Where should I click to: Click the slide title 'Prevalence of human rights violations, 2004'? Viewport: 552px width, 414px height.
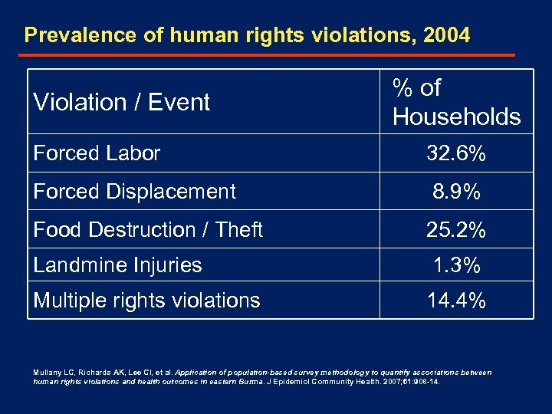coord(247,35)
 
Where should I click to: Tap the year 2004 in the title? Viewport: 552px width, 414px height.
coord(445,35)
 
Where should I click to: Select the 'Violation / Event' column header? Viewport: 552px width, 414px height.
coord(121,102)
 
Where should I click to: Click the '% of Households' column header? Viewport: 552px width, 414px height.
coord(456,102)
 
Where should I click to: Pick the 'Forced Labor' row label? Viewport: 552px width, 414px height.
coord(97,153)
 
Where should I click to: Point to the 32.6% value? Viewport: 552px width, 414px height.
coord(456,154)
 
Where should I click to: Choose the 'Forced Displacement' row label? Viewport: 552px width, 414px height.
coord(134,191)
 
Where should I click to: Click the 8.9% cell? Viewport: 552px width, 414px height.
coord(456,192)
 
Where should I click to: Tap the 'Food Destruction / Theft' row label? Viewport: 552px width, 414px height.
coord(148,229)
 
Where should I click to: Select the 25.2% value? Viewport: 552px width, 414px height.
coord(456,230)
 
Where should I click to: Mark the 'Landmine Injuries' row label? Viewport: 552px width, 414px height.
coord(117,265)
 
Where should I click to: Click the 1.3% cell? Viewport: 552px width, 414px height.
coord(456,266)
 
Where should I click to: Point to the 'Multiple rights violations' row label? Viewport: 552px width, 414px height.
coord(146,301)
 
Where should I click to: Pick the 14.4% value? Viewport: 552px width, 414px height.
coord(456,301)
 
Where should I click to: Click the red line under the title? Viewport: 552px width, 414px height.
coord(267,55)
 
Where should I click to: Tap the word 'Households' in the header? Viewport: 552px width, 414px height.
coord(456,117)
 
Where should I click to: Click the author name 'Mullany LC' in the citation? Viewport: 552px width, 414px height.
coord(51,373)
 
